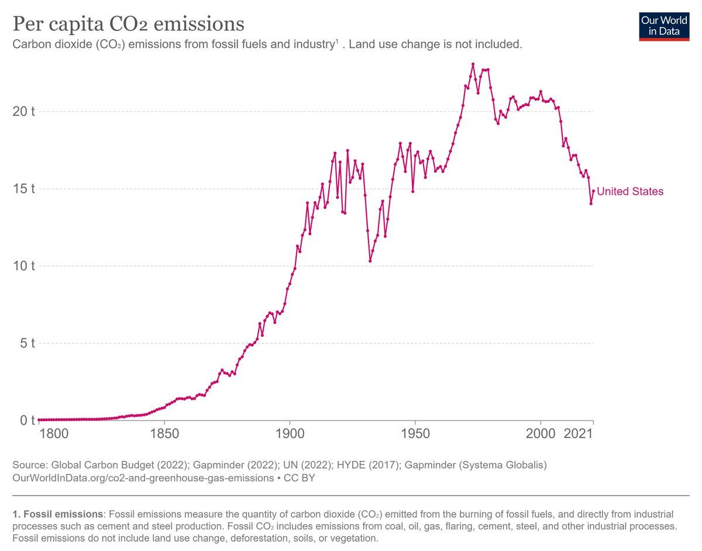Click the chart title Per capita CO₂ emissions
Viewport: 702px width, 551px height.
click(128, 24)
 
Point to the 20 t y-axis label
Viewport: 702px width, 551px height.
click(24, 111)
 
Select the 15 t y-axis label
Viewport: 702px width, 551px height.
click(24, 189)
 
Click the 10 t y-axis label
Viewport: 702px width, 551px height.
click(24, 266)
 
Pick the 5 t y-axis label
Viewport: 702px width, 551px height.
click(27, 343)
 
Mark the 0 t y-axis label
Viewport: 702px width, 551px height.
click(27, 421)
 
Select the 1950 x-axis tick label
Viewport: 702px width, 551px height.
click(415, 435)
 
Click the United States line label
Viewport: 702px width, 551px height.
click(630, 191)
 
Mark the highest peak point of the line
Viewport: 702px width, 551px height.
click(473, 64)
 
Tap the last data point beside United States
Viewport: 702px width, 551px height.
click(593, 191)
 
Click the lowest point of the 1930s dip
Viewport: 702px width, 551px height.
click(370, 261)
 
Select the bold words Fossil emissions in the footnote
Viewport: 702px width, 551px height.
click(57, 515)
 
